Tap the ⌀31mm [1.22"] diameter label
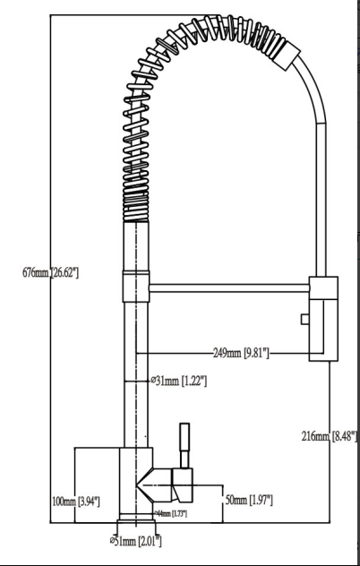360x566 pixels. pos(180,382)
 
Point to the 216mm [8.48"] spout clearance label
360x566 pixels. pos(330,436)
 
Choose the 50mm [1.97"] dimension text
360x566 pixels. pos(248,499)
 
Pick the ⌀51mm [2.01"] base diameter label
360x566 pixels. pos(135,540)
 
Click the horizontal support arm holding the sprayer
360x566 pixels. pos(228,287)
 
